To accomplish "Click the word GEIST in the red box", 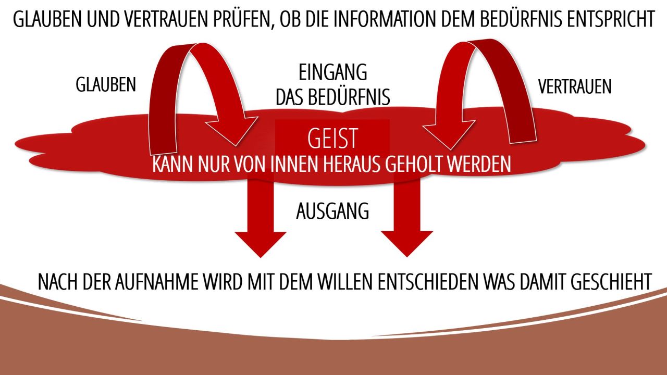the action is pyautogui.click(x=332, y=139).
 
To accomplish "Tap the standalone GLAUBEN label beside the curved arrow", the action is pyautogui.click(x=106, y=84).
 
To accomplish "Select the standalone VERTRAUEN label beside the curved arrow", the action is pyautogui.click(x=575, y=86).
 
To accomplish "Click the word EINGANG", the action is pyautogui.click(x=332, y=72).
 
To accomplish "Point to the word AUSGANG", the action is pyautogui.click(x=332, y=211).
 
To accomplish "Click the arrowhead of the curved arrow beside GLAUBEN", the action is pyautogui.click(x=232, y=131).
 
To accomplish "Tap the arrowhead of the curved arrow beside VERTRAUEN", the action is pyautogui.click(x=449, y=134).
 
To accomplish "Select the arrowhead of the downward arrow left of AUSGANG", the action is pyautogui.click(x=261, y=245).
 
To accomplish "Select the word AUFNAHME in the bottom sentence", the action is pyautogui.click(x=156, y=282).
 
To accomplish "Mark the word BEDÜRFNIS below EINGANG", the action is pyautogui.click(x=349, y=97).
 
